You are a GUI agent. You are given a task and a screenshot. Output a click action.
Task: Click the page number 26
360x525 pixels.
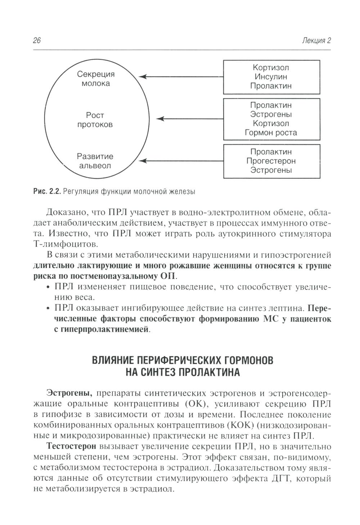click(37, 40)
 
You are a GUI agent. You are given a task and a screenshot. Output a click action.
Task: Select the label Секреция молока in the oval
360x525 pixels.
click(96, 79)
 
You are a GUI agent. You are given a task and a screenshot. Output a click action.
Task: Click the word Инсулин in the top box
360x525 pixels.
click(271, 77)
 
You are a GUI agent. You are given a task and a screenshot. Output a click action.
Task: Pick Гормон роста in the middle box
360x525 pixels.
click(271, 133)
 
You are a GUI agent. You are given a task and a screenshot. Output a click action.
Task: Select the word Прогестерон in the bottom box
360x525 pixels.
click(271, 161)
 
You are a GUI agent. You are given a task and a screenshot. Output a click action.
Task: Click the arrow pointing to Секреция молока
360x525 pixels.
click(180, 77)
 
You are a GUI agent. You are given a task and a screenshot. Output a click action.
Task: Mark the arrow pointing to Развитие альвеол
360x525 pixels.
click(180, 161)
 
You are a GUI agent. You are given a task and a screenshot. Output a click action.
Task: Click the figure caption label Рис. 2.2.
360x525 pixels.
click(46, 192)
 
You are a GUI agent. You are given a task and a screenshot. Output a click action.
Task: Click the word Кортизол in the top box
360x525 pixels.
click(271, 68)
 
